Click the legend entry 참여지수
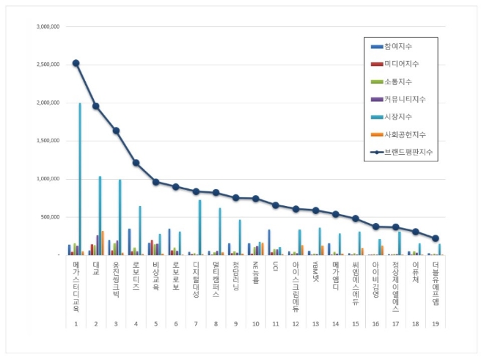click(x=404, y=46)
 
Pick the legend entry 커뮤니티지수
click(x=410, y=99)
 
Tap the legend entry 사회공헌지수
click(x=410, y=134)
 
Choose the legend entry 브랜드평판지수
click(x=411, y=152)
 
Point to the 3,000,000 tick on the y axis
click(x=48, y=26)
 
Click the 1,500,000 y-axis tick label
click(x=48, y=141)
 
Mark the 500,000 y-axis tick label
click(x=51, y=217)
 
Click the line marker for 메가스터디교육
click(x=76, y=63)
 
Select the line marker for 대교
click(x=96, y=106)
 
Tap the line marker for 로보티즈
click(x=136, y=163)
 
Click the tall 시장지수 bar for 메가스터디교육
click(x=80, y=179)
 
